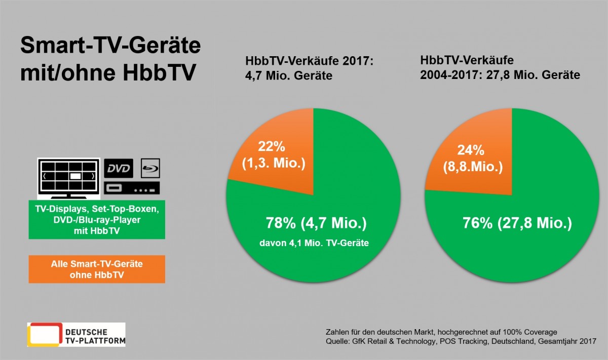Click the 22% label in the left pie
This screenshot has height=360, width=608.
tap(272, 147)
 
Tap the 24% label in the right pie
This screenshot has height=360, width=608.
tap(471, 150)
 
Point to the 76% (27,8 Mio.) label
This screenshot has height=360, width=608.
tap(517, 223)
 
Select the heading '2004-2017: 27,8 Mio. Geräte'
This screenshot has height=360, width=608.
tap(500, 75)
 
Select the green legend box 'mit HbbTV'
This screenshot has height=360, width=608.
tap(97, 221)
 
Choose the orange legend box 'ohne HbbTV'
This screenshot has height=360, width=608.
tap(97, 269)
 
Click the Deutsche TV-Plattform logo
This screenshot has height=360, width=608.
tap(76, 334)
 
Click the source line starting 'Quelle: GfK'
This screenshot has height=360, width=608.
tap(461, 341)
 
